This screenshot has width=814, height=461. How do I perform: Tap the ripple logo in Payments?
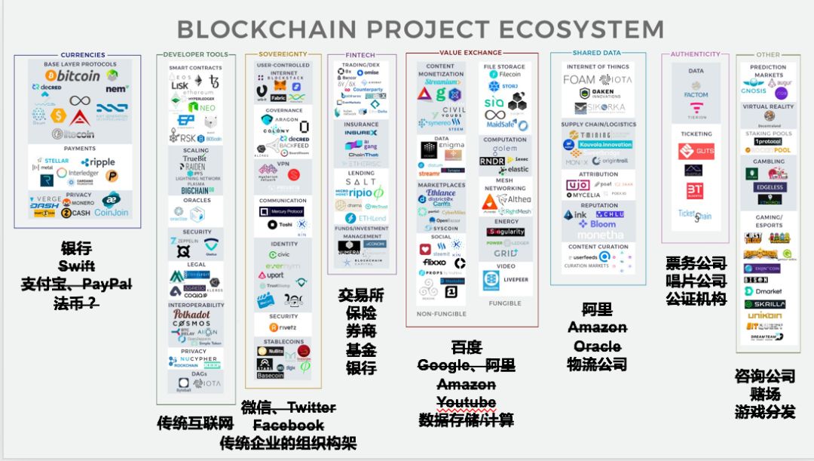click(x=98, y=162)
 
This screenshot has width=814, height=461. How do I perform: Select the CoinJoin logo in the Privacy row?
click(x=111, y=213)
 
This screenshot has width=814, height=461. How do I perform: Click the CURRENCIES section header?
click(x=78, y=55)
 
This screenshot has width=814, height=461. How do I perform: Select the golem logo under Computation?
click(x=505, y=149)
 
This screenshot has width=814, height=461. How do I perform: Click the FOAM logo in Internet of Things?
click(x=580, y=79)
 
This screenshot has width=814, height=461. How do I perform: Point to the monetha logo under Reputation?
click(x=597, y=235)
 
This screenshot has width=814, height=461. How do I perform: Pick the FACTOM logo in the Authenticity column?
click(x=696, y=95)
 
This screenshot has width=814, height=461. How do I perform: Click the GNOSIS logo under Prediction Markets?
click(x=754, y=91)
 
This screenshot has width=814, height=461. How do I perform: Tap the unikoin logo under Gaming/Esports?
click(x=763, y=315)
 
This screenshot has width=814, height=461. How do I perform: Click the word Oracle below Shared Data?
click(x=597, y=346)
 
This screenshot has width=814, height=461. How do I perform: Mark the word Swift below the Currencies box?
click(x=78, y=266)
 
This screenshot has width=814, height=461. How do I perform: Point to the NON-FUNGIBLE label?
click(x=441, y=314)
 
